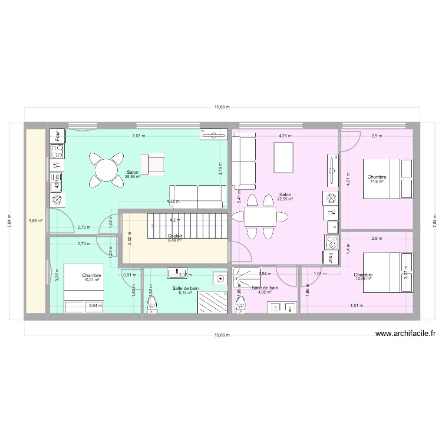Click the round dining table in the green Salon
coord(107,169)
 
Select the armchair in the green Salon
coord(154,163)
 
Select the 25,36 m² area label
coord(133,176)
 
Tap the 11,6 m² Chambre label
coord(377,181)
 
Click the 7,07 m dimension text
coord(138,136)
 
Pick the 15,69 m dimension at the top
coord(221,107)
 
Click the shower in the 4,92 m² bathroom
coord(246,276)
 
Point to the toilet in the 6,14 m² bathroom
coord(154,305)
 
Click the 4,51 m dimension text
coord(356,305)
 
